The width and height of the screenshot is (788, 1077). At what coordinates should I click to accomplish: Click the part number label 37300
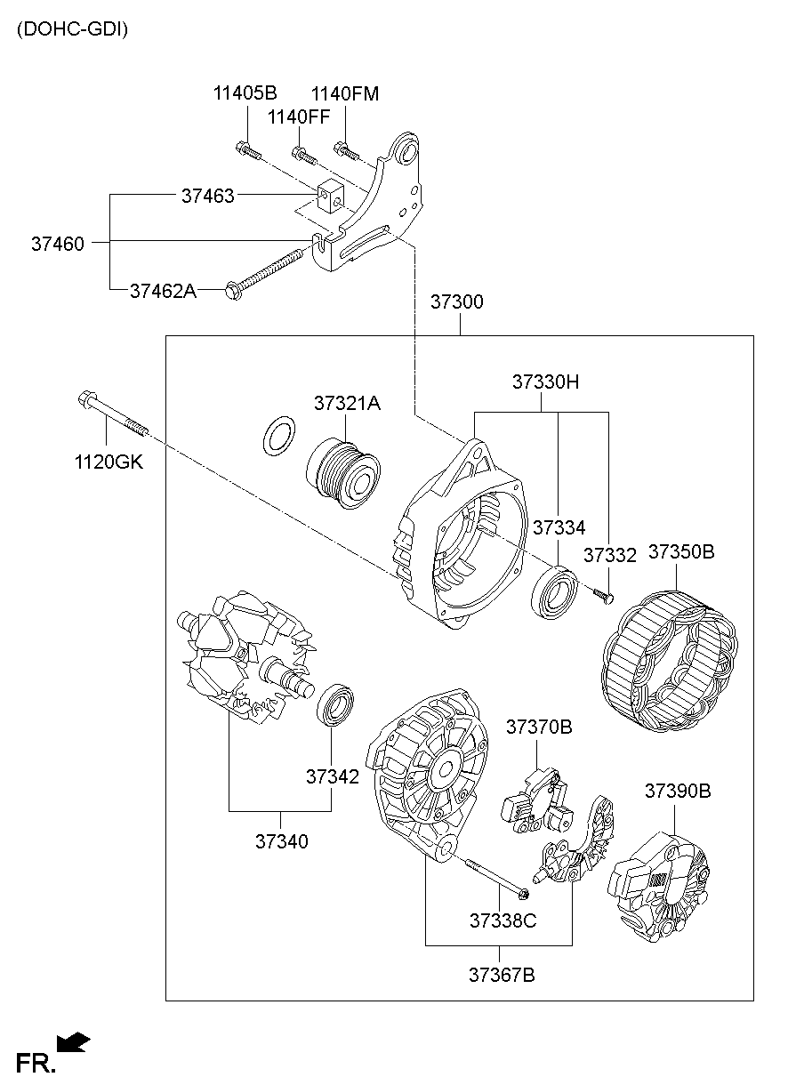[457, 302]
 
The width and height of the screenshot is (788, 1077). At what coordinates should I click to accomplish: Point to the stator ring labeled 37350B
[668, 655]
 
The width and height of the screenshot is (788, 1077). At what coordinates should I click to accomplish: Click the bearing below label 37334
[553, 591]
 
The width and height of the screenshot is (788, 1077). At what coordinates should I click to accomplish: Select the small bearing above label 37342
[336, 703]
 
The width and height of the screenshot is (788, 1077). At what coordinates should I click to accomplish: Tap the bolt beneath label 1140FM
[346, 151]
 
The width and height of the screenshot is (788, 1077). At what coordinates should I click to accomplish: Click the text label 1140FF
[299, 117]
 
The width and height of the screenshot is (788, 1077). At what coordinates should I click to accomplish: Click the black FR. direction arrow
[73, 1041]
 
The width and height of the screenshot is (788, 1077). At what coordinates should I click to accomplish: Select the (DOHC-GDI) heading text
[72, 29]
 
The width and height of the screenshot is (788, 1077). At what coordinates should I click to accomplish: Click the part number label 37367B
[502, 975]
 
